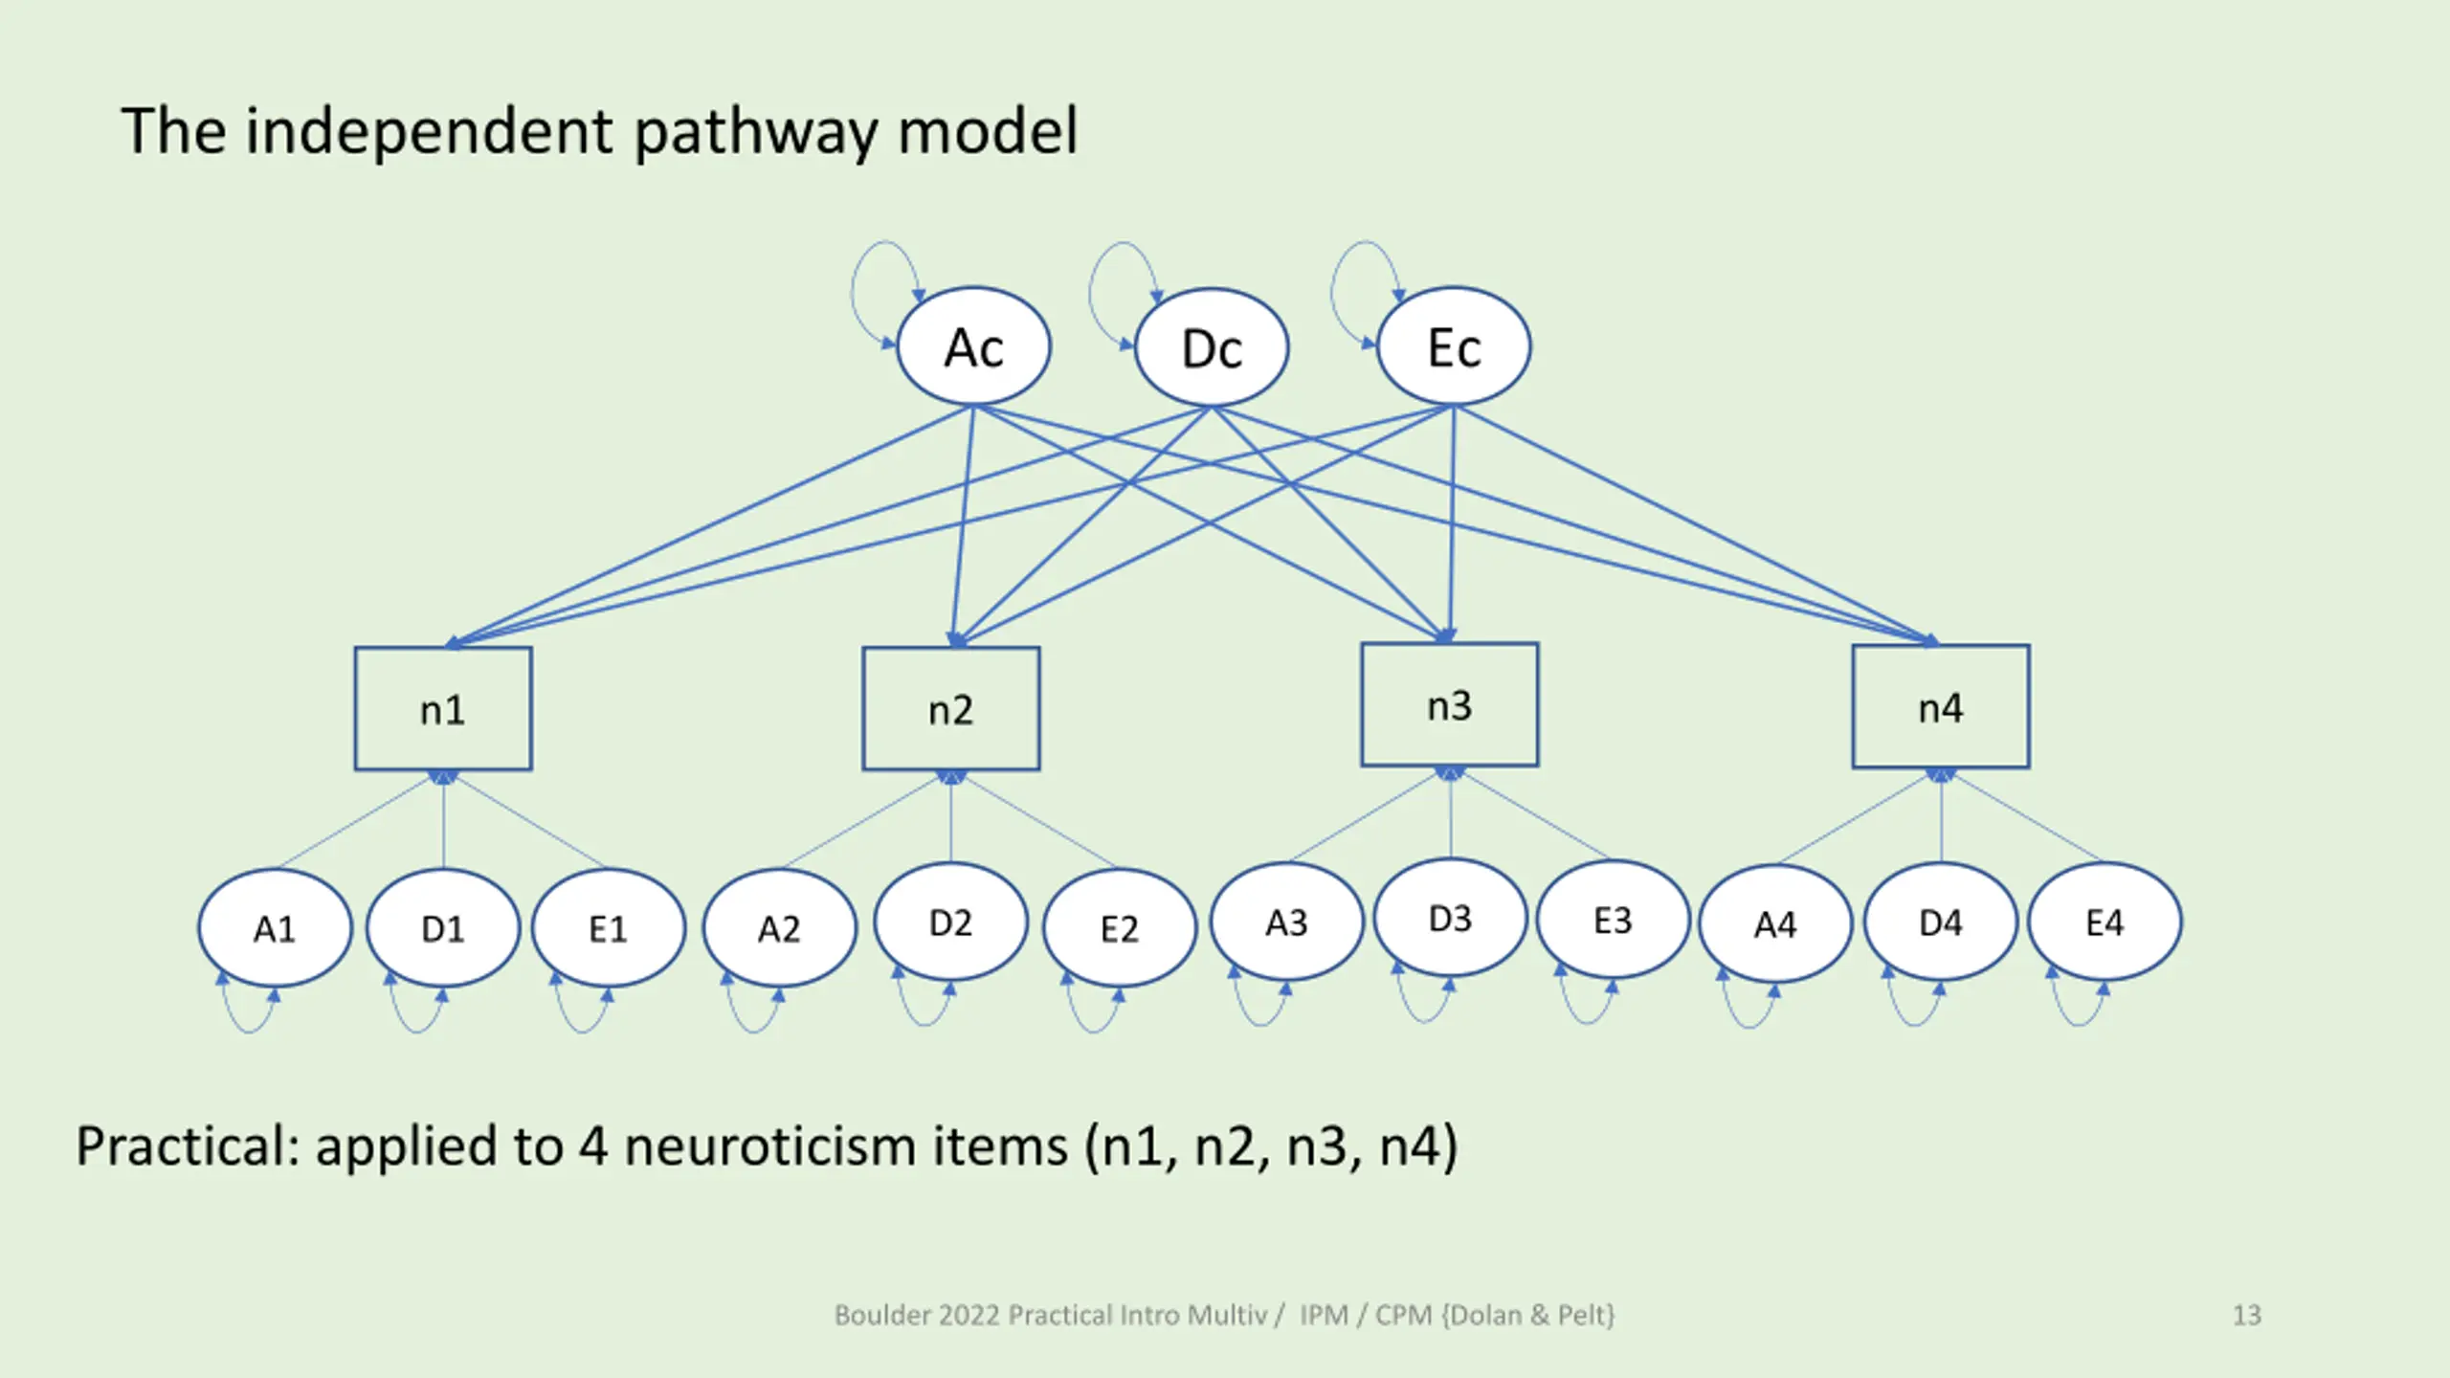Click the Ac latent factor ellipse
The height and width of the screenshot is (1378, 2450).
coord(973,346)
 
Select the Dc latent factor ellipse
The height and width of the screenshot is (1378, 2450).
coord(1211,348)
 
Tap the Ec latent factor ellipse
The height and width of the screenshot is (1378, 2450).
coord(1453,346)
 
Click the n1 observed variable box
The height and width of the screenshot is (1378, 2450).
coord(443,709)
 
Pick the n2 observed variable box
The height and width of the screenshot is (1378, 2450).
coord(950,709)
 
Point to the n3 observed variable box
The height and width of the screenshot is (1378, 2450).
coord(1449,705)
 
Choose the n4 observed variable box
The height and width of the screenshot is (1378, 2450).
coord(1940,707)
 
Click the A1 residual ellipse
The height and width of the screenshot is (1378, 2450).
coord(275,927)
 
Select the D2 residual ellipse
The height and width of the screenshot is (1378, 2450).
coord(950,922)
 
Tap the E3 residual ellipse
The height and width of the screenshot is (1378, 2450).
coord(1613,920)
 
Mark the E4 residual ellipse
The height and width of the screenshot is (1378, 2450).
coord(2105,922)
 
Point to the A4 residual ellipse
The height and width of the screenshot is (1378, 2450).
coord(1775,923)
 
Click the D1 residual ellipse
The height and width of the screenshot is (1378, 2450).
coord(443,927)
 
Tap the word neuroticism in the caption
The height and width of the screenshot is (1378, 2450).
coord(846,1145)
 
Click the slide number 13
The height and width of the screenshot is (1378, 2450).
coord(2246,1315)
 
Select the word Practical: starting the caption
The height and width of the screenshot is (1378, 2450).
coord(188,1145)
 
